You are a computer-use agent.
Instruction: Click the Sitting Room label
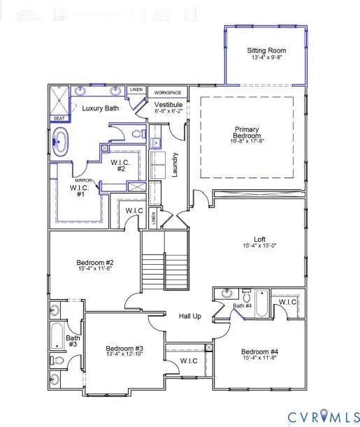tap(266, 50)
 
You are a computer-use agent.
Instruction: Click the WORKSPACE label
tap(168, 92)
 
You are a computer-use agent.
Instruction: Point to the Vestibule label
tap(168, 105)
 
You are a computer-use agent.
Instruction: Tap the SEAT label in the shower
tap(58, 119)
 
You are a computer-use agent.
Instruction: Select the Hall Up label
tap(189, 317)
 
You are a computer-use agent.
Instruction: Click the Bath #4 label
tap(242, 306)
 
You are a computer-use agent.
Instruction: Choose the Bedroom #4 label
tap(259, 351)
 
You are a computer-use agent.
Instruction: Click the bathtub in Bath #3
tap(57, 336)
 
